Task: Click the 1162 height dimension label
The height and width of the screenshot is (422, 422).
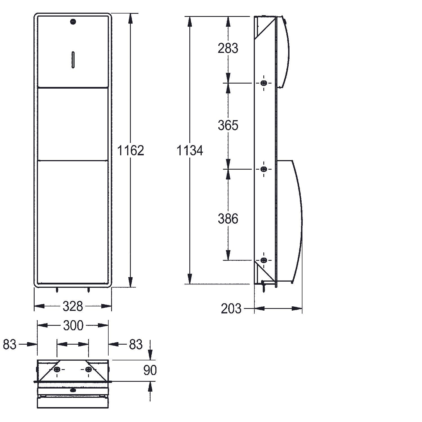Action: point(130,151)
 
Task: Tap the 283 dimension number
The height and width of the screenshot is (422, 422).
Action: point(228,48)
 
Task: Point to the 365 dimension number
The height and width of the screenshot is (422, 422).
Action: point(228,125)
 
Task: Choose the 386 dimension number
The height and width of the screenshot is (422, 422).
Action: point(228,219)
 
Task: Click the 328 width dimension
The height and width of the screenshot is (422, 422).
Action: point(73,306)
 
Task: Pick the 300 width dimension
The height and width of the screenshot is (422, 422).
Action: point(73,326)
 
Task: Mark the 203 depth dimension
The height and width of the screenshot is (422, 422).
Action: point(231,309)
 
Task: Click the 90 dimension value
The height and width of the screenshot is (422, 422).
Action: point(150,370)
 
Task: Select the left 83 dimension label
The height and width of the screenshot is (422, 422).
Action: point(10,344)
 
